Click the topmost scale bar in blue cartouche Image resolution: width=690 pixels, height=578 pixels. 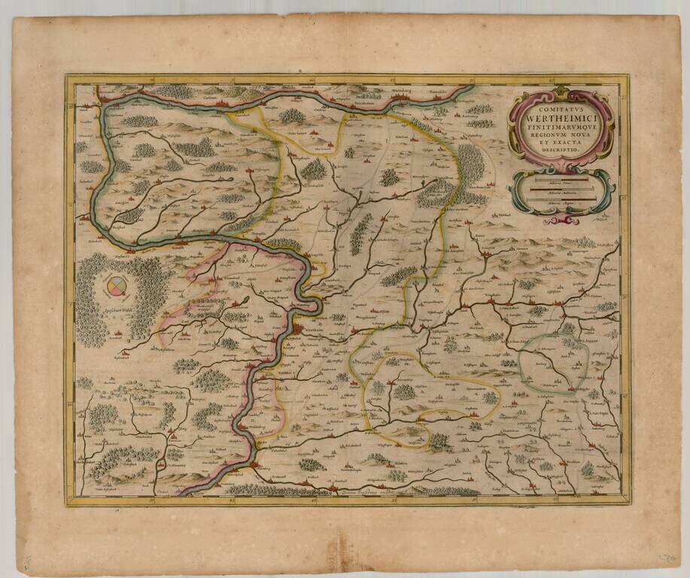(x=561, y=181)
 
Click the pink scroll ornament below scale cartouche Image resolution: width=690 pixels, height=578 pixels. (x=561, y=220)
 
